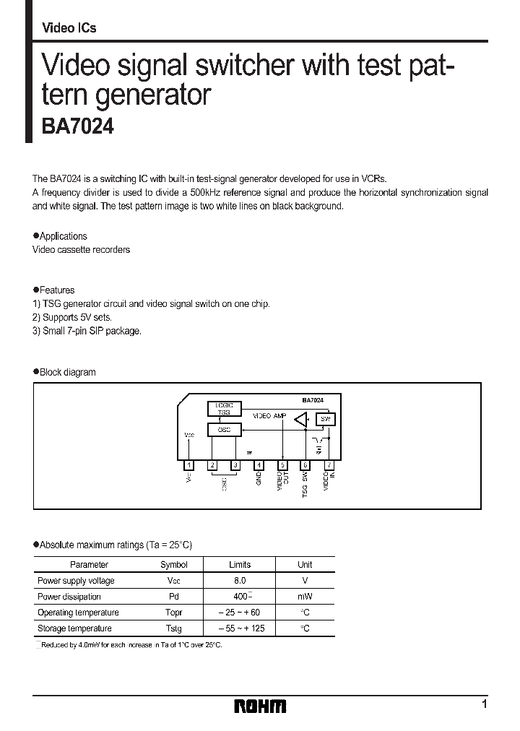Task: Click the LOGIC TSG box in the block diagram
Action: click(x=224, y=409)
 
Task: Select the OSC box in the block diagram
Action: click(x=224, y=430)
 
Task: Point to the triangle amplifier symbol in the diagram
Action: click(x=302, y=420)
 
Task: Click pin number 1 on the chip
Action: click(x=189, y=465)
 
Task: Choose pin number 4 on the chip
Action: click(x=259, y=465)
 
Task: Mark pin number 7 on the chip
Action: click(x=329, y=465)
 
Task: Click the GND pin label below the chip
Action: click(x=259, y=479)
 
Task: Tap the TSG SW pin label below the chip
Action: click(x=305, y=483)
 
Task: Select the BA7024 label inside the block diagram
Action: click(x=312, y=400)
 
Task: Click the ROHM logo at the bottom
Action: click(x=260, y=706)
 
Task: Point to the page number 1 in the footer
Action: click(x=484, y=704)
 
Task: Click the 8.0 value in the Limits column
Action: click(x=240, y=581)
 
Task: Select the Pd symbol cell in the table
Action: click(x=173, y=597)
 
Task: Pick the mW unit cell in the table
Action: click(x=305, y=597)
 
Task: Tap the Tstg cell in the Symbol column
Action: click(x=173, y=628)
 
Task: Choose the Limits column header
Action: click(x=240, y=565)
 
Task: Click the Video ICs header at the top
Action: click(x=69, y=28)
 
